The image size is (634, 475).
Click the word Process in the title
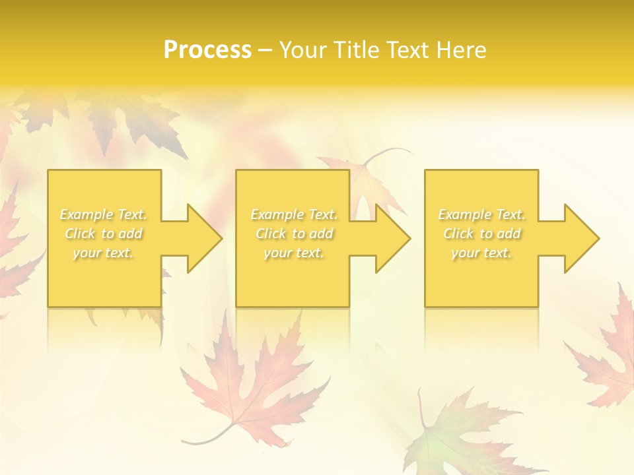tap(207, 50)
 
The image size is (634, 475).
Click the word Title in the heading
tap(357, 50)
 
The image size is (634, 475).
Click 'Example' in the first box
tap(87, 214)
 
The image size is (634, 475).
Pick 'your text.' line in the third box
tap(481, 253)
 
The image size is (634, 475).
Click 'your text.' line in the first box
tap(103, 253)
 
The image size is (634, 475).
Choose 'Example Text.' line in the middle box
tap(294, 214)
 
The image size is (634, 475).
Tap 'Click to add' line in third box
tap(482, 234)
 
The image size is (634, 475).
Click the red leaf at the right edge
tap(608, 356)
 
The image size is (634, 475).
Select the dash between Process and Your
tap(265, 50)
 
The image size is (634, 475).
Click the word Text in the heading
tap(405, 50)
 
